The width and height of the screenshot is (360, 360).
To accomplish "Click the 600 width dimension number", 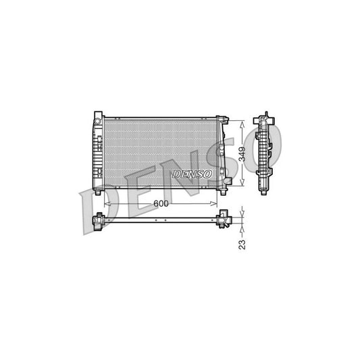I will [161, 203].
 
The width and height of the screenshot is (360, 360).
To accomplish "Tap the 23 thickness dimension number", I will [242, 242].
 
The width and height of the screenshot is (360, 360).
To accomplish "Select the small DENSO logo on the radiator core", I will [192, 174].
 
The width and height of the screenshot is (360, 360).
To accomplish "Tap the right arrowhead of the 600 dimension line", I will [217, 203].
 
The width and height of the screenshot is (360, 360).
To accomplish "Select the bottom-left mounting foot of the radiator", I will [99, 192].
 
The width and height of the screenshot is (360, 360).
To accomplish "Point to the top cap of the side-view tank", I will [265, 115].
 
